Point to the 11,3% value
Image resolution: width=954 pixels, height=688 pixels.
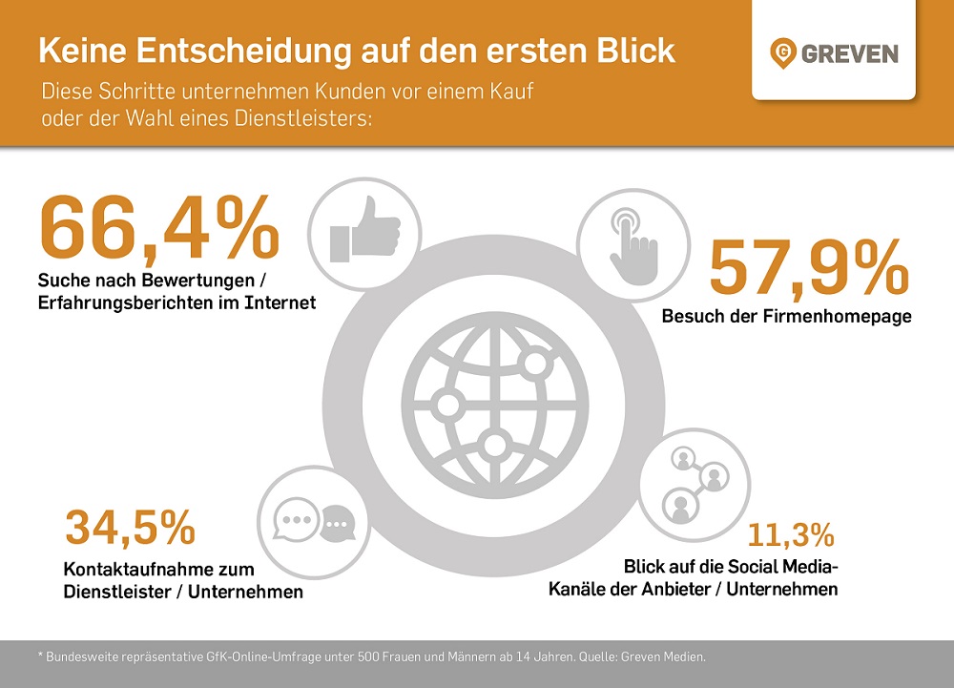791,534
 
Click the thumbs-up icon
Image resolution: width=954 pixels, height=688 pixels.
363,231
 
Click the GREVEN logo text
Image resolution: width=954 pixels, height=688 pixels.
850,52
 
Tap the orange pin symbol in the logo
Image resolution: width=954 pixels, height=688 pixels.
784,52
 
